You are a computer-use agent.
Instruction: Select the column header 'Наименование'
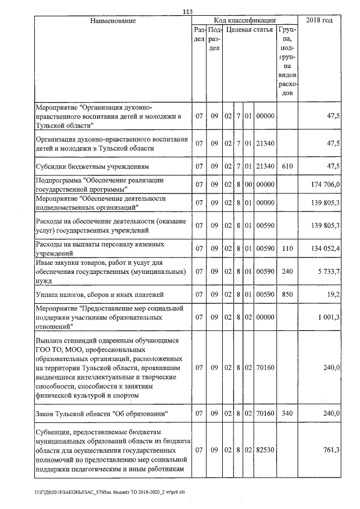point(113,21)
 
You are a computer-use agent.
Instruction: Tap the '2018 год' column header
point(318,21)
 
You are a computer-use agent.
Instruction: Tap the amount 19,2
point(334,294)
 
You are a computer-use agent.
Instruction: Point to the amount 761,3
point(331,451)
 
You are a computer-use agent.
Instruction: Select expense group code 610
point(287,166)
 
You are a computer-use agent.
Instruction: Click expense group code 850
point(287,294)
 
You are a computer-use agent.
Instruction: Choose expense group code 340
point(287,414)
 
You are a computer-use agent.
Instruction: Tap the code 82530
point(264,451)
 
